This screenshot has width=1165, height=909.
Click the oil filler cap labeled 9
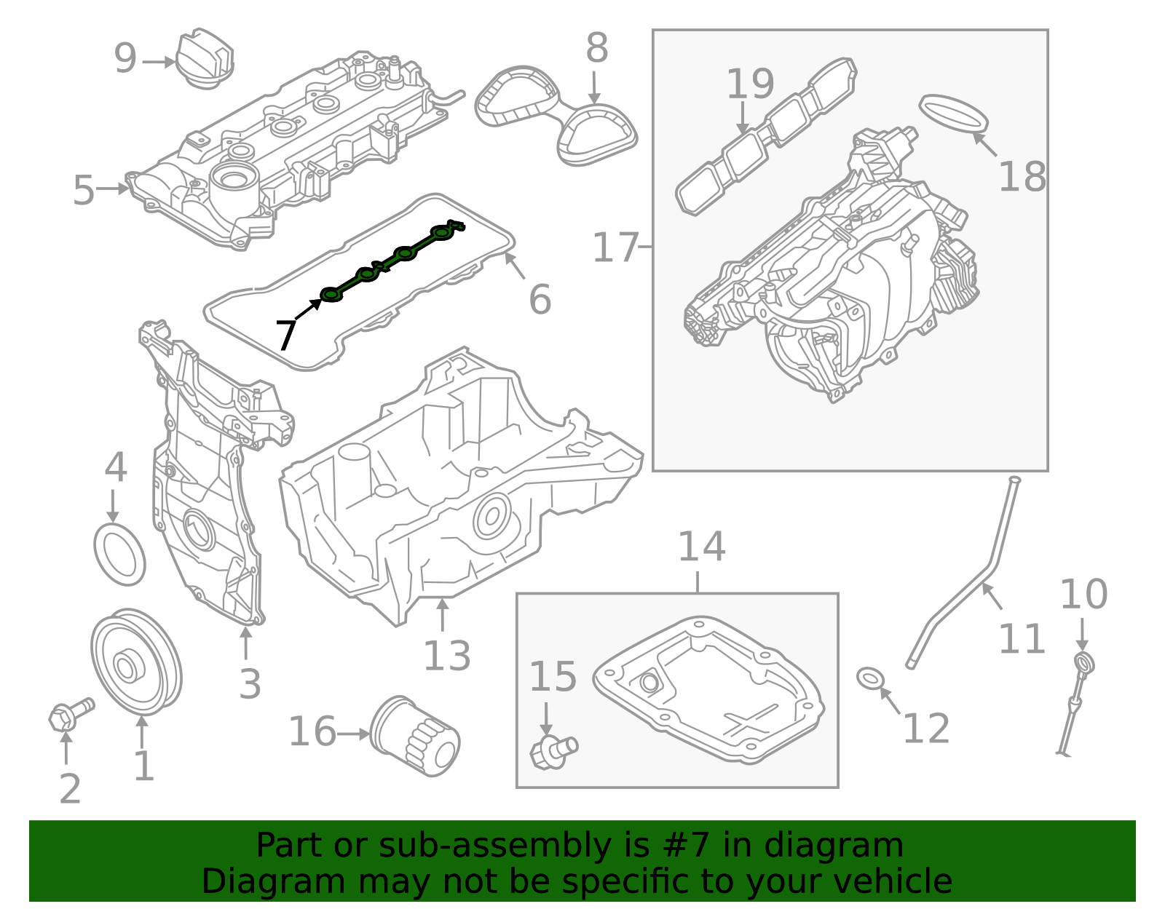point(205,58)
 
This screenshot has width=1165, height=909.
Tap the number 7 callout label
point(285,335)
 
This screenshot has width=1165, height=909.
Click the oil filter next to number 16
point(415,737)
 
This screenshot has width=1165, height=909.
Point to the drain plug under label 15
point(553,750)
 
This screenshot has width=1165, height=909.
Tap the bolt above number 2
point(70,714)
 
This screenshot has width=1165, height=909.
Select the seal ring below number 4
point(120,553)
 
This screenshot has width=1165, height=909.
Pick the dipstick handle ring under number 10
point(1085,663)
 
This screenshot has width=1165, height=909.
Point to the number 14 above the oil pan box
point(701,547)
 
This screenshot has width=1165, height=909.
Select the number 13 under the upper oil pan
point(446,656)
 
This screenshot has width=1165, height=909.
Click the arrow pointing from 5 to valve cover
point(113,188)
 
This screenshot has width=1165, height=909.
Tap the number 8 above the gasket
point(596,49)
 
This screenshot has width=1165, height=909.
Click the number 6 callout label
point(540,299)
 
